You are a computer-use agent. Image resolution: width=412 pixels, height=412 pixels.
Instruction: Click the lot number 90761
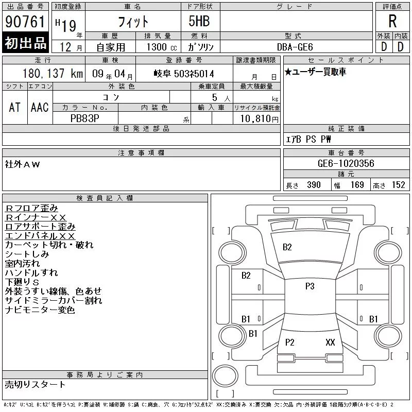click(x=25, y=22)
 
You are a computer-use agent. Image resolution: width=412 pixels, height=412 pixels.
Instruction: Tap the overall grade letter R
click(x=392, y=21)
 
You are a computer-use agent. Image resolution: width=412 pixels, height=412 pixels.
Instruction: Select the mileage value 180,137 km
click(x=53, y=73)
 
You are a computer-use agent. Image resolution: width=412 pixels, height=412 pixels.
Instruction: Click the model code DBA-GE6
click(x=295, y=47)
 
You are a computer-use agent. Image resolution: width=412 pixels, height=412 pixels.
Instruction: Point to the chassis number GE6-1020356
click(x=346, y=163)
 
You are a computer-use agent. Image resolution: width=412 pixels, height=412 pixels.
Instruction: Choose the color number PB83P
click(x=85, y=118)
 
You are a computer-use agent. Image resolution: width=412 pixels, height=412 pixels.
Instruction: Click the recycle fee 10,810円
click(x=259, y=118)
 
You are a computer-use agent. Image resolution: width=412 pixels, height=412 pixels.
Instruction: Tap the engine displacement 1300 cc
click(x=162, y=47)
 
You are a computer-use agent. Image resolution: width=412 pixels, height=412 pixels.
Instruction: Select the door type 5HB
click(x=199, y=21)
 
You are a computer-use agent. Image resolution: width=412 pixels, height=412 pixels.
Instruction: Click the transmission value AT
click(x=14, y=107)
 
